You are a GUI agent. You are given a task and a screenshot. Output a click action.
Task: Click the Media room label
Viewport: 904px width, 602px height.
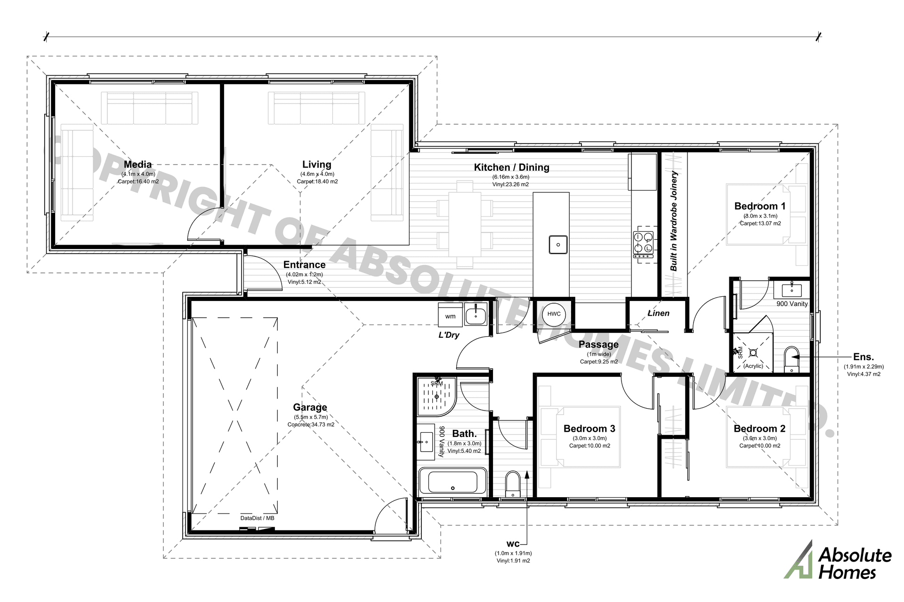pyautogui.click(x=137, y=165)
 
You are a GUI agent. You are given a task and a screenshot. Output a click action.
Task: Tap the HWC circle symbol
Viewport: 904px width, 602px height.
pyautogui.click(x=554, y=314)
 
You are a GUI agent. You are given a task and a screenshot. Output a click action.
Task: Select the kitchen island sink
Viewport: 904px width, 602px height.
pyautogui.click(x=558, y=245)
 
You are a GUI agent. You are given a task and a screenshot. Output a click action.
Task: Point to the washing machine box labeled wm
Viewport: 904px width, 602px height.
pyautogui.click(x=450, y=316)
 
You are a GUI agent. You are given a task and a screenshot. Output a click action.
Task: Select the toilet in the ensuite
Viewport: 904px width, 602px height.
pyautogui.click(x=792, y=360)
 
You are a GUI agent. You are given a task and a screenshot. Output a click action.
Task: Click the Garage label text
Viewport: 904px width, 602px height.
pyautogui.click(x=310, y=407)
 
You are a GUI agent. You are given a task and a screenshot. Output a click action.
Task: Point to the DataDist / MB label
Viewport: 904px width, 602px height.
pyautogui.click(x=257, y=518)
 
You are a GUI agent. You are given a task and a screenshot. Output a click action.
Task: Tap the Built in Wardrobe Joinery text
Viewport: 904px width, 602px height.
pyautogui.click(x=674, y=221)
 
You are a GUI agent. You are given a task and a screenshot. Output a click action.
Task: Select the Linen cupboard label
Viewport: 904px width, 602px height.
pyautogui.click(x=658, y=313)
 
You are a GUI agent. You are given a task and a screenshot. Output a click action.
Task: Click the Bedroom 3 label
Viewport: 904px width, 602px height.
pyautogui.click(x=589, y=428)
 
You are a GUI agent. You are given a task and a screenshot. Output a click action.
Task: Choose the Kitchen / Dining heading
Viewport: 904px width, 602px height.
pyautogui.click(x=511, y=167)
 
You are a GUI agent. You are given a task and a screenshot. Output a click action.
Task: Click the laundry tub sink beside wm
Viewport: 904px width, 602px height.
pyautogui.click(x=476, y=314)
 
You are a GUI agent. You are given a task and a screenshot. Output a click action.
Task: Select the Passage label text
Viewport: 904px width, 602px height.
pyautogui.click(x=598, y=345)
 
